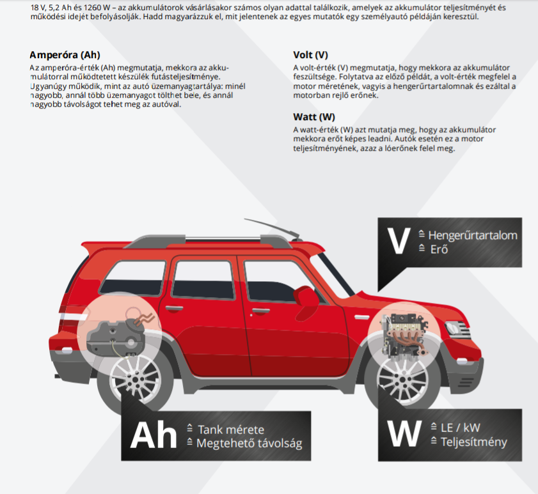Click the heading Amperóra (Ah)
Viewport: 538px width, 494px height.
pos(65,55)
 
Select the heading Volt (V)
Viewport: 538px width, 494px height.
pos(310,55)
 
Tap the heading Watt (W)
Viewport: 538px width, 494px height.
pos(314,117)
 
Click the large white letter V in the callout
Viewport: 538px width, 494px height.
pos(399,241)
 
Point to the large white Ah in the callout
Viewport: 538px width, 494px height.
pos(154,435)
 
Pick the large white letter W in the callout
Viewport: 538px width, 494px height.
pos(404,433)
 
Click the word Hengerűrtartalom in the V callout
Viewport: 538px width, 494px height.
pos(473,236)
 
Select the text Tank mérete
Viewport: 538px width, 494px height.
pos(231,429)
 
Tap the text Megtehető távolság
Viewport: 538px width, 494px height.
pos(249,444)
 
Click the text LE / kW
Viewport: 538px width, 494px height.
pos(461,428)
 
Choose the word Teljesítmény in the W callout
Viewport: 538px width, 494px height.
pos(474,442)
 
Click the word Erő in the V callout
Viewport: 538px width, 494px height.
pos(439,249)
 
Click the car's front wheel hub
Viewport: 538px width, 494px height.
pos(402,379)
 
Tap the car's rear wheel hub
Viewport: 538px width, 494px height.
pos(135,379)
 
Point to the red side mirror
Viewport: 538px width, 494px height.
pos(305,295)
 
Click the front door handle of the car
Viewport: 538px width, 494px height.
pos(261,311)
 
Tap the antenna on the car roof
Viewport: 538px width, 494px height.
pos(271,228)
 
